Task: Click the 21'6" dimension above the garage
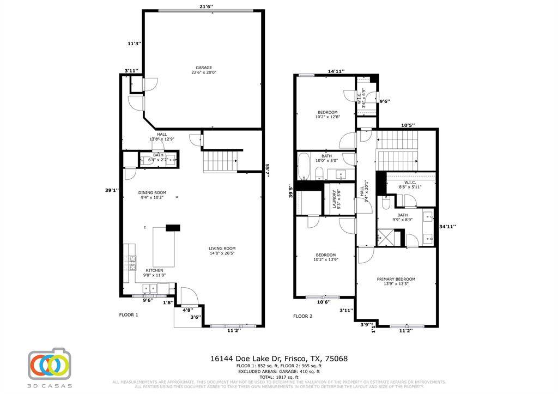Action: tap(206, 7)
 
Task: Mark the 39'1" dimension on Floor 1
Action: tap(112, 190)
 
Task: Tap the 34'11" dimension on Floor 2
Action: tap(447, 226)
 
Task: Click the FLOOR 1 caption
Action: tap(129, 315)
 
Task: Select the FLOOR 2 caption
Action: tap(303, 316)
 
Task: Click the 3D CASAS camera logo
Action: tap(50, 363)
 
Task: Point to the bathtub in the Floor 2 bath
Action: tap(304, 166)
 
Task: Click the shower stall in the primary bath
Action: tap(386, 239)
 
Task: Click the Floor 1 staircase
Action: tap(220, 162)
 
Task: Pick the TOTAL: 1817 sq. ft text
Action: tap(278, 377)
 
